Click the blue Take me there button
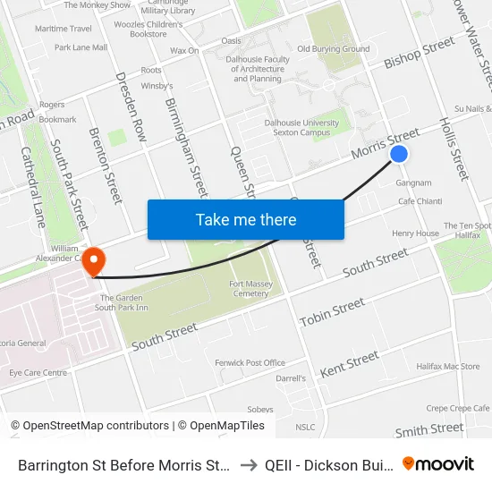click(x=246, y=220)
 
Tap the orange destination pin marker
click(x=93, y=259)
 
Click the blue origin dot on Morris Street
click(x=399, y=154)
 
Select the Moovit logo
click(x=438, y=463)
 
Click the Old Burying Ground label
click(x=333, y=49)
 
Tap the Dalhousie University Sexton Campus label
click(x=301, y=128)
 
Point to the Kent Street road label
click(x=350, y=363)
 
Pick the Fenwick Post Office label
click(x=250, y=363)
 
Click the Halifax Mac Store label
click(x=448, y=367)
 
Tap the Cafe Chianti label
click(x=420, y=201)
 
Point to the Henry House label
click(x=415, y=233)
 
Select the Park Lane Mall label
click(x=81, y=47)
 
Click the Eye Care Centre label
click(x=38, y=372)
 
